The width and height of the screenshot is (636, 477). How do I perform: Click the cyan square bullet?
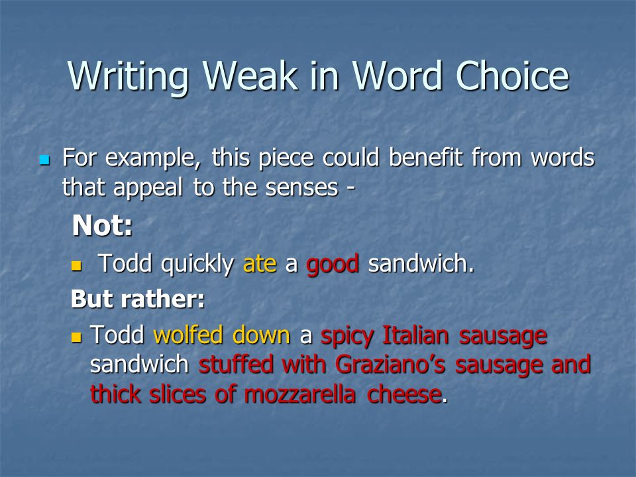pyautogui.click(x=44, y=160)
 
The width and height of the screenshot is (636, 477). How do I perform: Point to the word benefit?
pyautogui.click(x=427, y=159)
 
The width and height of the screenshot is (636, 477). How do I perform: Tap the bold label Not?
pyautogui.click(x=103, y=226)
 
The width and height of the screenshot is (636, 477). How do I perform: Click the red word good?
pyautogui.click(x=333, y=264)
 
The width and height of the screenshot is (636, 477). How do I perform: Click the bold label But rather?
pyautogui.click(x=137, y=299)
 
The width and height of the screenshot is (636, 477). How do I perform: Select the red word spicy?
pyautogui.click(x=348, y=336)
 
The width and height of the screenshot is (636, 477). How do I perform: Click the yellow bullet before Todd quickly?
pyautogui.click(x=76, y=266)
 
